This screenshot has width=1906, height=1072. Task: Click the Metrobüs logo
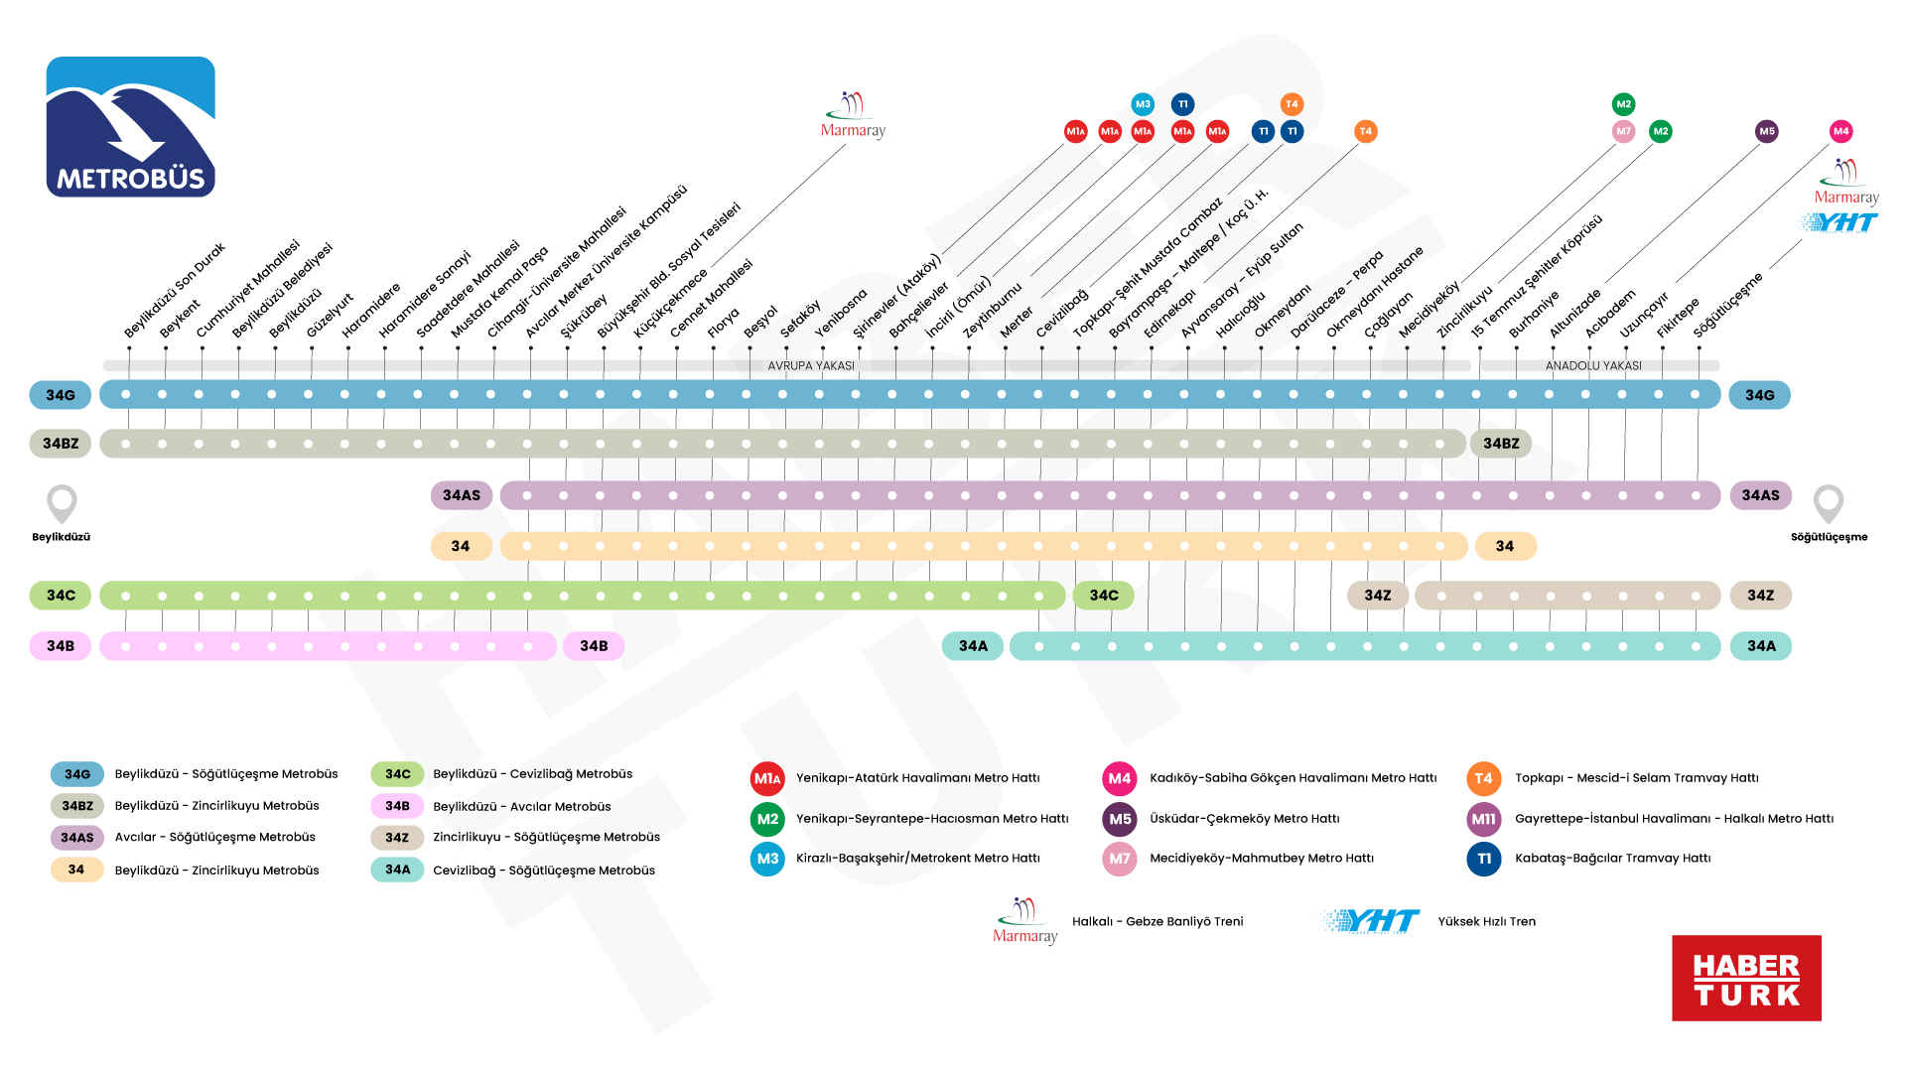pyautogui.click(x=130, y=126)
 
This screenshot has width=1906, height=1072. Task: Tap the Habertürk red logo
pyautogui.click(x=1746, y=978)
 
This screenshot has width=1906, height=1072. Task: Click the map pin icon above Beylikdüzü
pyautogui.click(x=62, y=503)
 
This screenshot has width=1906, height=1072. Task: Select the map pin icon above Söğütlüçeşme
pyautogui.click(x=1828, y=503)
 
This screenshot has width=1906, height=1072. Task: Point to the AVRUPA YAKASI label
pyautogui.click(x=811, y=365)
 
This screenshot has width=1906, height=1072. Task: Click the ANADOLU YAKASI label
pyautogui.click(x=1593, y=365)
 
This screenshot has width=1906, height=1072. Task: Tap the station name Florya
pyautogui.click(x=725, y=323)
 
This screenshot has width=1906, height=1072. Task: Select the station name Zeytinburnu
pyautogui.click(x=992, y=310)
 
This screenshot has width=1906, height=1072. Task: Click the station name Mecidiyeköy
pyautogui.click(x=1429, y=309)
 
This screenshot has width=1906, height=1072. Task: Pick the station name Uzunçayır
pyautogui.click(x=1644, y=315)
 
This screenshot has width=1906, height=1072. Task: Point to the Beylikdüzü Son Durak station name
pyautogui.click(x=175, y=290)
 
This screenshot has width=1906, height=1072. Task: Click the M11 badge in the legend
pyautogui.click(x=1483, y=819)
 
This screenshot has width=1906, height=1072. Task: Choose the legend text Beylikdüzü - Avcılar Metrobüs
pyautogui.click(x=522, y=807)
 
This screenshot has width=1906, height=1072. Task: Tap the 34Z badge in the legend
pyautogui.click(x=397, y=838)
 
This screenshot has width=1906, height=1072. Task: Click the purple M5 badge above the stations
pyautogui.click(x=1767, y=131)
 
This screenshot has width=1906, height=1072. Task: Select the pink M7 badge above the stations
pyautogui.click(x=1623, y=131)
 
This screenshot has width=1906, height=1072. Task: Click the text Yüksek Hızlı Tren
pyautogui.click(x=1486, y=921)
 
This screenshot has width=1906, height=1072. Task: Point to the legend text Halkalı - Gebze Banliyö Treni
pyautogui.click(x=1157, y=921)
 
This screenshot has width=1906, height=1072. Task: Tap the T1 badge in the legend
pyautogui.click(x=1483, y=859)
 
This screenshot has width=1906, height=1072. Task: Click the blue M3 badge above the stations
pyautogui.click(x=1143, y=104)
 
